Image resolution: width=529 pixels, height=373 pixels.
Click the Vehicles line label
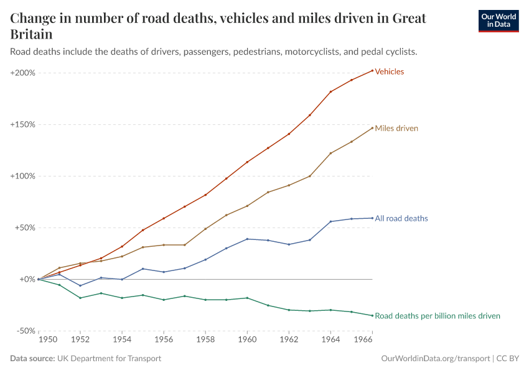point(389,71)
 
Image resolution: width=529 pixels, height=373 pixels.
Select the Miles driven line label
point(396,129)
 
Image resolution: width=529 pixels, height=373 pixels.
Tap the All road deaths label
point(401,219)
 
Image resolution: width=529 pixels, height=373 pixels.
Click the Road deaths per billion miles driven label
point(437,316)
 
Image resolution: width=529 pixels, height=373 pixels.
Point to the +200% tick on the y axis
point(22,73)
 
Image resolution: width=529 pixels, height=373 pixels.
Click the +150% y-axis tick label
point(22,124)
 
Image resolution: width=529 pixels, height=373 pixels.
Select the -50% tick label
point(25,331)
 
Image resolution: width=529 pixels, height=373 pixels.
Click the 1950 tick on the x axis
point(47,340)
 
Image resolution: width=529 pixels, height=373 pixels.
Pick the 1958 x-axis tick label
point(205,340)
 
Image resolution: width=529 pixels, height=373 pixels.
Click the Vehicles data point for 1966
point(372,70)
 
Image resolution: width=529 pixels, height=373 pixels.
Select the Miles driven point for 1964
point(330,153)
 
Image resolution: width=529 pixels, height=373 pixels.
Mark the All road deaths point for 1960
point(247,239)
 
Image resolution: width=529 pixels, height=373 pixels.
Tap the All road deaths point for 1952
point(80,285)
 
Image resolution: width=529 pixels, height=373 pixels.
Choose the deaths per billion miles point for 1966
point(372,315)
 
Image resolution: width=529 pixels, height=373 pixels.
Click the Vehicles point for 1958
point(205,195)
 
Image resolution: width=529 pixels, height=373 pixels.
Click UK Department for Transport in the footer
point(109,359)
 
